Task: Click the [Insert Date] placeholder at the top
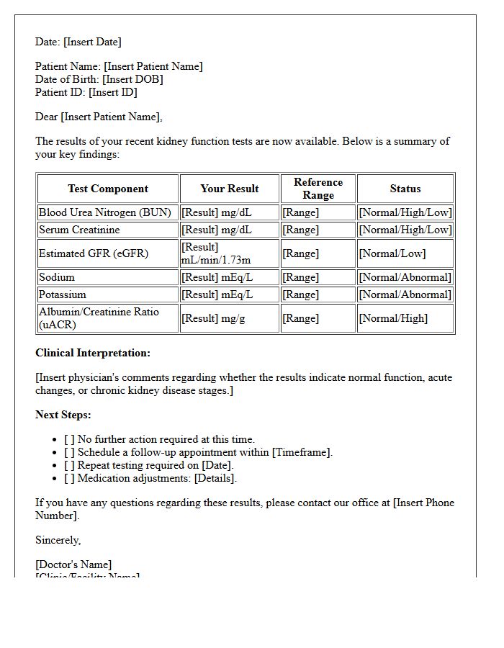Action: point(92,42)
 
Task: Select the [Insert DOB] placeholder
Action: point(132,79)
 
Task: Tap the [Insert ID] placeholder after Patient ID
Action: point(112,92)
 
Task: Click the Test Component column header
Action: point(108,189)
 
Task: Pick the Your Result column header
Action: point(229,189)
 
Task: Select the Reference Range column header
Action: point(318,189)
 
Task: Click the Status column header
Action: point(405,189)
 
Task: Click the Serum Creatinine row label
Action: point(79,230)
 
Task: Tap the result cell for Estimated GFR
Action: point(229,253)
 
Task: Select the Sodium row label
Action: point(57,277)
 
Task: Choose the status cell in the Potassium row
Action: point(405,294)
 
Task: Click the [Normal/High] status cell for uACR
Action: point(393,318)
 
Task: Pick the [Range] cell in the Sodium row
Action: point(300,277)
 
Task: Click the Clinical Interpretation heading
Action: point(93,353)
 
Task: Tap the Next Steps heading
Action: point(63,415)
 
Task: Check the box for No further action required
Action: point(69,439)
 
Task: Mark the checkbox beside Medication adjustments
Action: point(69,478)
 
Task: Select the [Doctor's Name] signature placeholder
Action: point(73,564)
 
